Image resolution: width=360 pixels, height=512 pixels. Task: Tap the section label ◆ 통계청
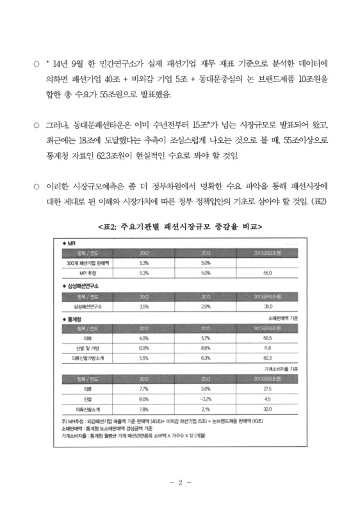[74, 318]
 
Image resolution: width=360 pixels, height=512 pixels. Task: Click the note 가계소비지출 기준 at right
[291, 369]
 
